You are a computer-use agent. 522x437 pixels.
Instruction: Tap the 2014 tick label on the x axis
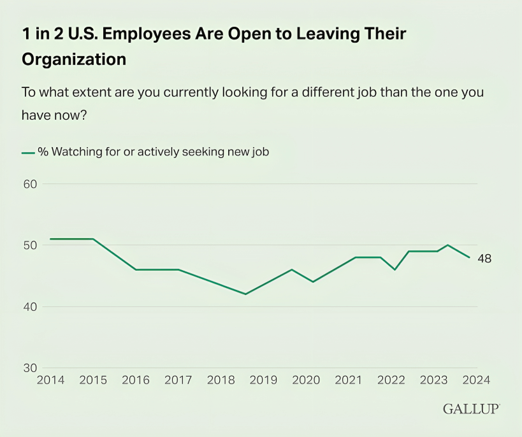(50, 380)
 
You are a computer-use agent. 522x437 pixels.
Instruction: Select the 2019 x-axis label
(263, 380)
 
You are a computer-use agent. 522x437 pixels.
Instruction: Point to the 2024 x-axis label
(476, 380)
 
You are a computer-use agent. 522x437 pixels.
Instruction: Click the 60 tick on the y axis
(31, 184)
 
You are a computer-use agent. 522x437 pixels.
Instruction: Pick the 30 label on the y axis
(31, 368)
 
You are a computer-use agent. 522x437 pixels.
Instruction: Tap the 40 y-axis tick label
(31, 307)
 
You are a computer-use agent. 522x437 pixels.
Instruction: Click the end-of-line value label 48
(484, 259)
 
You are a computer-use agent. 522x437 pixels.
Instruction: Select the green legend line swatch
(28, 153)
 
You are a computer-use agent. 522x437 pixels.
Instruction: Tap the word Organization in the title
(74, 60)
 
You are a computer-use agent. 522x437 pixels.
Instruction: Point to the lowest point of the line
(245, 294)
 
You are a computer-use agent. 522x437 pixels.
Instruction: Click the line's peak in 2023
(448, 245)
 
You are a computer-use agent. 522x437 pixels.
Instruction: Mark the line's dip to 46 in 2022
(395, 269)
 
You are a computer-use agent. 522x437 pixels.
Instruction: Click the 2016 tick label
(136, 380)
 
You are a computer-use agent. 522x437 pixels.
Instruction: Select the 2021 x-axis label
(349, 380)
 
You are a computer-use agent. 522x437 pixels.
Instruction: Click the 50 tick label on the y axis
(31, 245)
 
